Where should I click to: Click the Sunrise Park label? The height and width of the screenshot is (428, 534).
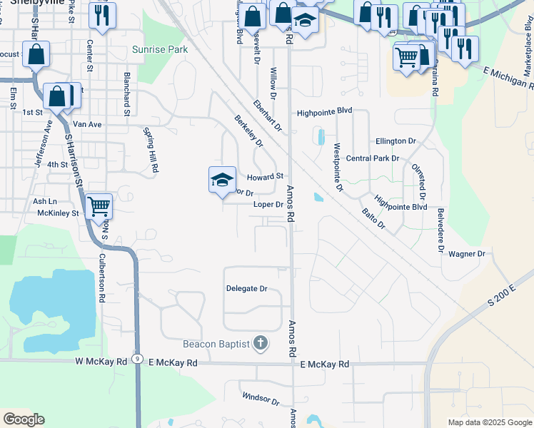tap(160, 50)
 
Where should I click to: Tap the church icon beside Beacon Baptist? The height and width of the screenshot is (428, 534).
tap(261, 345)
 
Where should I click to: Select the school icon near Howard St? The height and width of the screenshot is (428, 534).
tap(222, 179)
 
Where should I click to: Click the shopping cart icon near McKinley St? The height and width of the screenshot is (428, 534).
tap(99, 206)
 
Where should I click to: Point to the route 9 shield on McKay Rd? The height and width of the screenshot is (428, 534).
tap(136, 358)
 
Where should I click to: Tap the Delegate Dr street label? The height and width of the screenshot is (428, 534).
tap(246, 289)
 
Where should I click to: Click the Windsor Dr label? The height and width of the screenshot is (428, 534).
tap(261, 398)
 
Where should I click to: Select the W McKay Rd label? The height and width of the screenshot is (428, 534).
tap(101, 362)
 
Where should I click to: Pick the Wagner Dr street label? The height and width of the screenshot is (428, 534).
tap(467, 254)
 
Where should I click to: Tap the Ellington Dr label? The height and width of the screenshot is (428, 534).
tap(391, 141)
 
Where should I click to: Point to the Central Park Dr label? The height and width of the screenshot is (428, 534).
tap(371, 158)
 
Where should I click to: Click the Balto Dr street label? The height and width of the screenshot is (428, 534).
tap(373, 219)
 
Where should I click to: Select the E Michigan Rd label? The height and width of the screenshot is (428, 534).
tap(508, 73)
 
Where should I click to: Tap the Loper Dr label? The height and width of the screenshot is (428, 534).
tap(268, 205)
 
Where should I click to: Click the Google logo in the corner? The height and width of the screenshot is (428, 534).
tap(24, 419)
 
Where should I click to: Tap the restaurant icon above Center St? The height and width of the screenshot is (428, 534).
tap(102, 14)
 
